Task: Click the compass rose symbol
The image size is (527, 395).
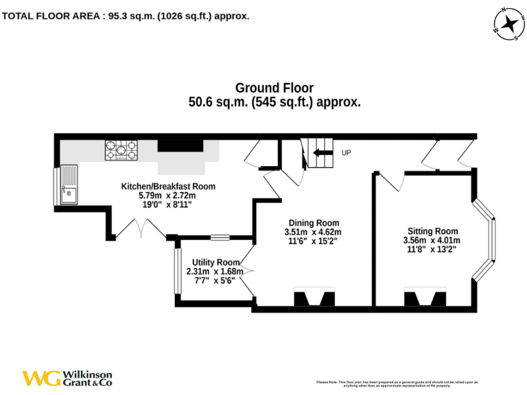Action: (508, 24)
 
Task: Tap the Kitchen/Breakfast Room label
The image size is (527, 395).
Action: (168, 187)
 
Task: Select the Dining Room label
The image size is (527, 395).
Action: (314, 223)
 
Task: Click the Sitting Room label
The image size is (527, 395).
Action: (432, 231)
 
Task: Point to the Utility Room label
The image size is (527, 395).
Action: (216, 263)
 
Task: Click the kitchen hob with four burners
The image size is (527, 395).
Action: (121, 150)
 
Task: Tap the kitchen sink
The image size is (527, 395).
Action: (69, 185)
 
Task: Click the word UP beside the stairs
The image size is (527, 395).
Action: (346, 153)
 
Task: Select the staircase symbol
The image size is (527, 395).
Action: (319, 152)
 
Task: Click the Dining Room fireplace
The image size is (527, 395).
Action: (314, 298)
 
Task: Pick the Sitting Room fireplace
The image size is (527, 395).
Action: (425, 298)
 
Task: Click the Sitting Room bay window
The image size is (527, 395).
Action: (489, 240)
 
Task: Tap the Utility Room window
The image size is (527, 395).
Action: (176, 270)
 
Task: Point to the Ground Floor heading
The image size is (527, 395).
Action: (274, 88)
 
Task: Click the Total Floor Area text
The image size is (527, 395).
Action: (126, 16)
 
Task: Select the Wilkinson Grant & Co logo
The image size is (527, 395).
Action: (67, 378)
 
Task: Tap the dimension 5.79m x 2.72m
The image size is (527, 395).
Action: (168, 195)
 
